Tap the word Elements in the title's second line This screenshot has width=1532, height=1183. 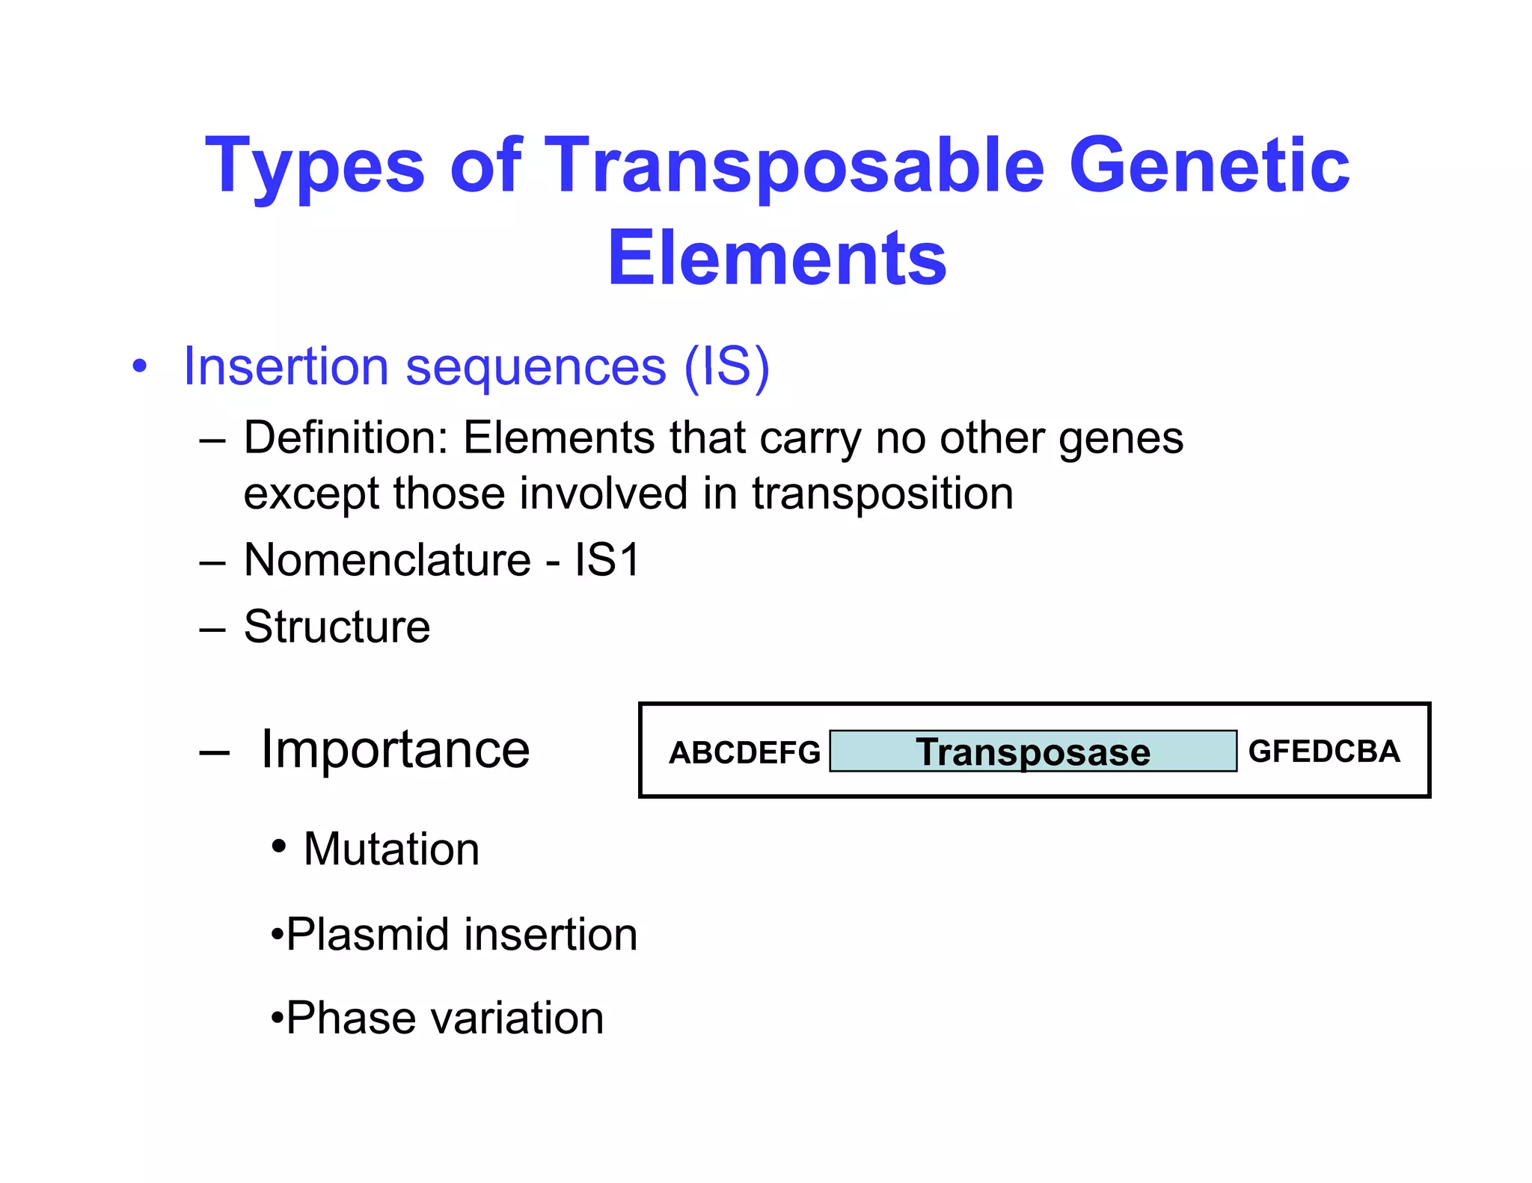click(x=776, y=258)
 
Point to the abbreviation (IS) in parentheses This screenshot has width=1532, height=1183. click(x=726, y=366)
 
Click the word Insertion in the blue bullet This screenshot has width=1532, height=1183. click(x=286, y=366)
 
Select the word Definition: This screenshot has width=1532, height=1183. click(x=346, y=437)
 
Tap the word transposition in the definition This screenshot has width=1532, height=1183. click(x=883, y=494)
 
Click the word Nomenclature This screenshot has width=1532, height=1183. click(x=387, y=559)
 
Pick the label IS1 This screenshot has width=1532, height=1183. click(x=607, y=559)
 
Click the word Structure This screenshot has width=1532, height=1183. click(x=337, y=627)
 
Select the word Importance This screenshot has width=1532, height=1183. click(x=395, y=749)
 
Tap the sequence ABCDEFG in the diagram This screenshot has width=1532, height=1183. click(x=744, y=752)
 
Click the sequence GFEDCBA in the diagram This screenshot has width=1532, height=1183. click(x=1324, y=752)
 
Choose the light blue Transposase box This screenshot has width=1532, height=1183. click(x=1032, y=751)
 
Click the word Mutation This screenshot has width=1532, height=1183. click(x=391, y=849)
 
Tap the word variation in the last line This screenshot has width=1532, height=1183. click(x=518, y=1018)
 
